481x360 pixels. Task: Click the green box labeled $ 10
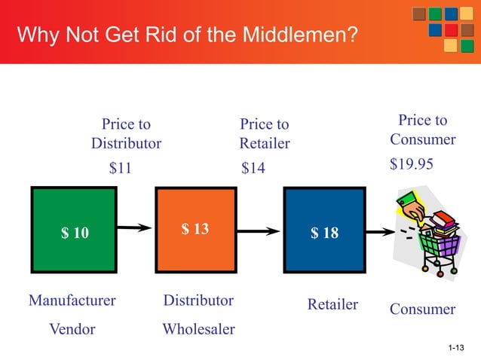[x=74, y=232]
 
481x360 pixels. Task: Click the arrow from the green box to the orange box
[x=135, y=226]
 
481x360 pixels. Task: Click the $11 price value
[x=121, y=169]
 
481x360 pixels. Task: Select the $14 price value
[x=253, y=169]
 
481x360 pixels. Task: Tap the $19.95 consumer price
[x=412, y=164]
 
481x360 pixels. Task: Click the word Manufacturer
[x=72, y=301]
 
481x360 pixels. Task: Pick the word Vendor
[x=72, y=329]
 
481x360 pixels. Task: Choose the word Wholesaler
[x=199, y=329]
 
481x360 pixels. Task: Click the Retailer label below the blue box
[x=332, y=304]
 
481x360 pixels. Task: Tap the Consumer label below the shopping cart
[x=423, y=309]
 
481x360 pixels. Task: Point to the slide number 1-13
[x=455, y=347]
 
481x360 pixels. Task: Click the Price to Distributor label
[x=126, y=133]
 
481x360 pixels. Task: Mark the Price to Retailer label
[x=265, y=133]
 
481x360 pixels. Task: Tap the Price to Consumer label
[x=423, y=130]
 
